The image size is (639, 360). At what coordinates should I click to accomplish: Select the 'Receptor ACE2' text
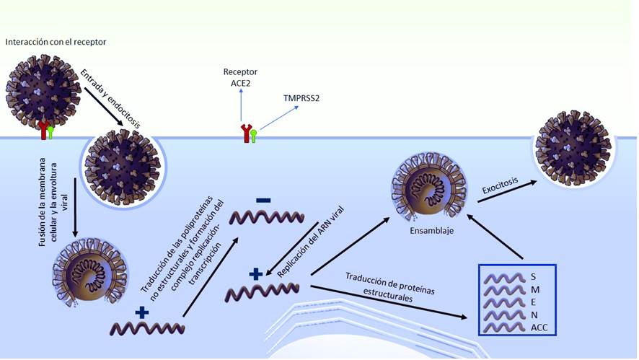[x=240, y=77]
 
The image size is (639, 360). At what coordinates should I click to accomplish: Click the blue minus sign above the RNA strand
[x=263, y=200]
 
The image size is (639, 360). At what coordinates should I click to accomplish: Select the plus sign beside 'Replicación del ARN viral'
[x=255, y=273]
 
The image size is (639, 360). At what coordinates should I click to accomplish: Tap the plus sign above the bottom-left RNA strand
[x=141, y=312]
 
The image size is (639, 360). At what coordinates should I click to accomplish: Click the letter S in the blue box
[x=534, y=277]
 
